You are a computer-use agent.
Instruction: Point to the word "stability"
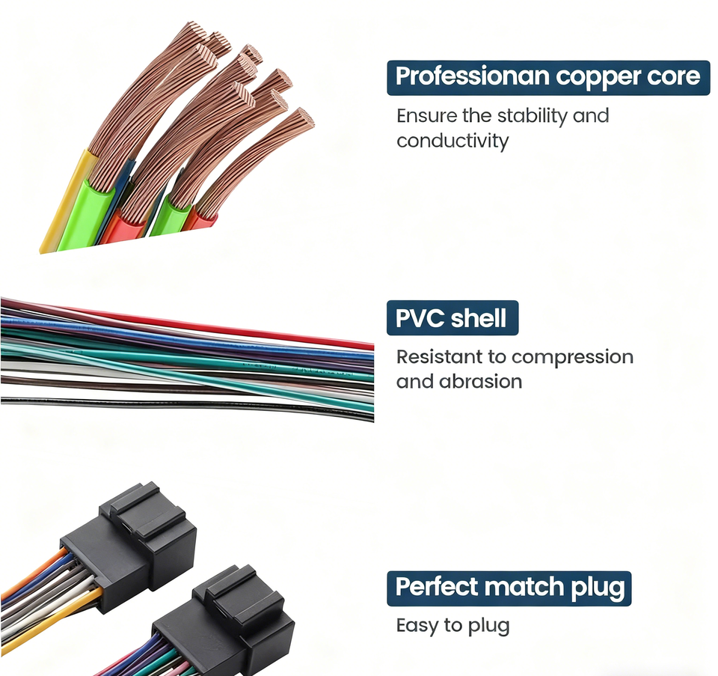coord(532,116)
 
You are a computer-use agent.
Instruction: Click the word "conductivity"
coord(452,141)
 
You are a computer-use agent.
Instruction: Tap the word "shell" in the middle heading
coord(479,319)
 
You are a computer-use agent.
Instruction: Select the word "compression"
coord(572,358)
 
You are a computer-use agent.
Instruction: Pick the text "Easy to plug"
coord(452,626)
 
